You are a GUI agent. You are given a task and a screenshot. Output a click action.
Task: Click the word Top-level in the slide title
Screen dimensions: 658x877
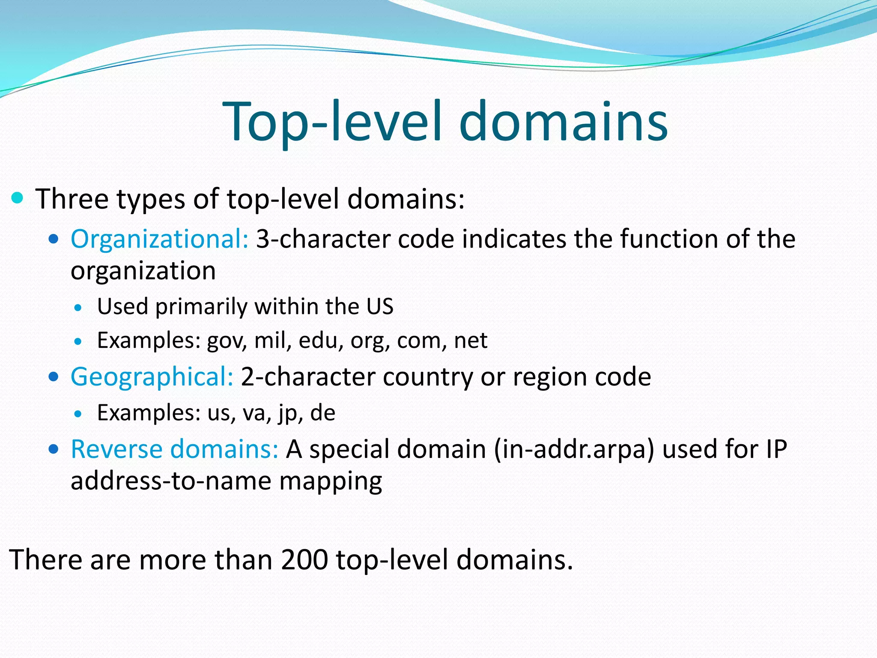[332, 122]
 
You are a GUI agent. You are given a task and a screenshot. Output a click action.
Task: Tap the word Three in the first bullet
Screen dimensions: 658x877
[72, 199]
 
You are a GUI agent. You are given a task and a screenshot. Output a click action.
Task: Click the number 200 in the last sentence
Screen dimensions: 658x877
[304, 559]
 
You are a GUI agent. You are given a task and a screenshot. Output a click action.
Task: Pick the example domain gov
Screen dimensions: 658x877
[225, 341]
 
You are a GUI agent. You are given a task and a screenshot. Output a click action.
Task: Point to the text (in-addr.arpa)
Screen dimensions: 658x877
[574, 450]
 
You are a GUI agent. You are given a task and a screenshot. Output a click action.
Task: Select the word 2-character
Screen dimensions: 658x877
[308, 377]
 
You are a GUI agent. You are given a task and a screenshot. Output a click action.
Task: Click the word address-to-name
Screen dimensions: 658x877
[171, 481]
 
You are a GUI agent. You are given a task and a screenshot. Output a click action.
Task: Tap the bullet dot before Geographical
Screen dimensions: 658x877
[54, 377]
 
